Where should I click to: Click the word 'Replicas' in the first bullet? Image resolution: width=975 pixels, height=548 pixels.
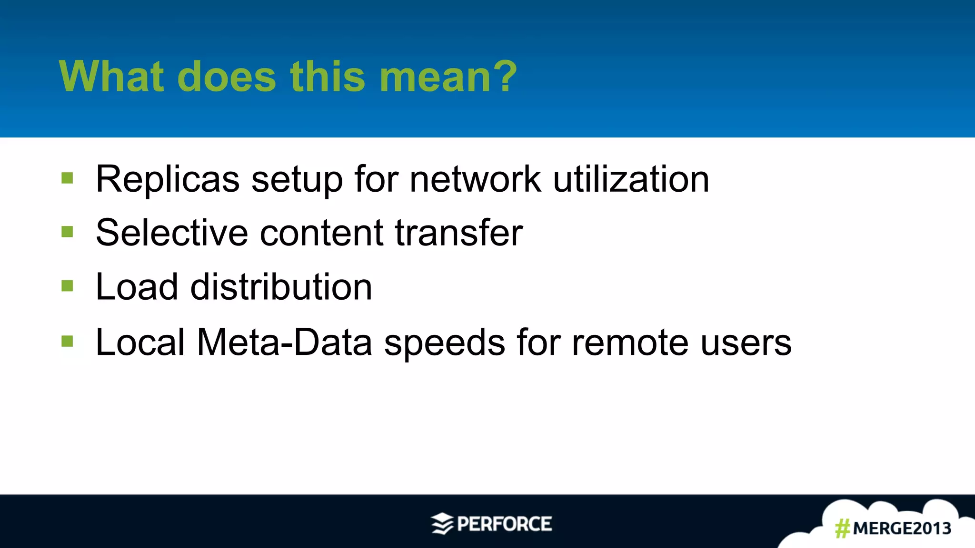click(x=168, y=179)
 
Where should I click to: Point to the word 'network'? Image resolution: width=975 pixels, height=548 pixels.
click(x=475, y=179)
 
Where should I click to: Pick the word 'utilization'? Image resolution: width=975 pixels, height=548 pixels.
click(x=631, y=179)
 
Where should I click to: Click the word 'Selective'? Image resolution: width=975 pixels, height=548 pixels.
click(x=172, y=233)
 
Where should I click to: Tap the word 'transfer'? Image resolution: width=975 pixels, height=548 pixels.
click(x=459, y=233)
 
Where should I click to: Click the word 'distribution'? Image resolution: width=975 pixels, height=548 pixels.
click(x=281, y=287)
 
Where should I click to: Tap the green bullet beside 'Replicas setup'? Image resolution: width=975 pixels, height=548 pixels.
click(x=67, y=178)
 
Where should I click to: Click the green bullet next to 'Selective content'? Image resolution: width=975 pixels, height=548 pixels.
click(x=67, y=232)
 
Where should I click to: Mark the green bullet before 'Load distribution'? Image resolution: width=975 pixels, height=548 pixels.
click(x=67, y=286)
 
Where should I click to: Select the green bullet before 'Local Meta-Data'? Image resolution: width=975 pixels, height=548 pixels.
click(x=67, y=341)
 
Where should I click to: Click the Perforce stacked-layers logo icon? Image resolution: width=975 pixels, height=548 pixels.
click(x=442, y=524)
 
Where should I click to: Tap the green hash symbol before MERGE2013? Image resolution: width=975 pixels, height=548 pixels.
click(x=843, y=528)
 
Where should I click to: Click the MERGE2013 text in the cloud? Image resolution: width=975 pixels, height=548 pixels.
click(x=902, y=528)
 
